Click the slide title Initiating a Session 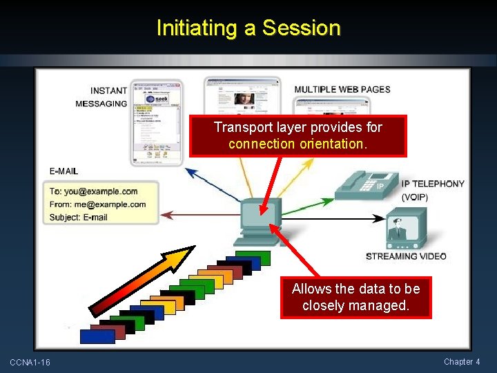coord(248,28)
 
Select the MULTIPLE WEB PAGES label coord(342,89)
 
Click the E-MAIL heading coord(64,171)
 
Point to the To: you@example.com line coord(93,191)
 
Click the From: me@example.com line coord(97,204)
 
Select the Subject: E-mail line coord(78,218)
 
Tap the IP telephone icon coord(365,183)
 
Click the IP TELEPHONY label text coord(432,184)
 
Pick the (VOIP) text coord(414,197)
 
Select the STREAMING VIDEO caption coord(406,256)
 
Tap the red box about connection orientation coord(298,135)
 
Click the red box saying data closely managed coord(355,297)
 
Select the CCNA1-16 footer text coord(30,363)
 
